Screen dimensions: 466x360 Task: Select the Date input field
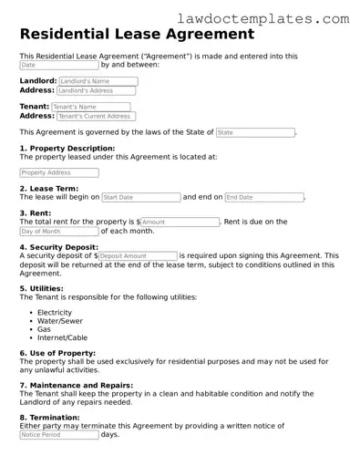(58, 66)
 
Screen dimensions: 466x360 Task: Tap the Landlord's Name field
(98, 81)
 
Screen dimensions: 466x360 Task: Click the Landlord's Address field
(98, 91)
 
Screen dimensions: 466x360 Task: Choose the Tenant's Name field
(91, 107)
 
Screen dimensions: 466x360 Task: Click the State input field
(254, 133)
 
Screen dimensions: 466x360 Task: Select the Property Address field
(58, 172)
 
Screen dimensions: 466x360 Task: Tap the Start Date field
(140, 197)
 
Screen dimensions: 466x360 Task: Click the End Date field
(263, 197)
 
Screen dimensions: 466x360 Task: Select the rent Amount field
(180, 222)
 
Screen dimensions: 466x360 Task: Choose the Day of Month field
(58, 232)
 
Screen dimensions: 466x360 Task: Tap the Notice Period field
(58, 435)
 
